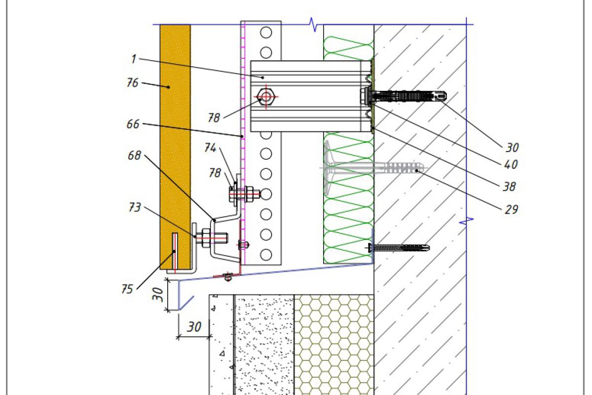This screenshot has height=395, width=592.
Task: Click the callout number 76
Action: point(132,82)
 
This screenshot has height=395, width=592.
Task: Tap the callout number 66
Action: point(133,124)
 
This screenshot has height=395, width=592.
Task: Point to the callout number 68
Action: point(134,156)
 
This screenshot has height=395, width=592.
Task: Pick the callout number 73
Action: point(135,208)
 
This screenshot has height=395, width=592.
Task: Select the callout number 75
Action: point(127,289)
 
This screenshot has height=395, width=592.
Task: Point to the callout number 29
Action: point(512,209)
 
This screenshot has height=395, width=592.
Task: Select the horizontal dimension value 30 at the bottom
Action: point(194,327)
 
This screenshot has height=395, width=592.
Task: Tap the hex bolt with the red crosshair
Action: point(266,96)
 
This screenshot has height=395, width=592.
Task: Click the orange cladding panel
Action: point(175,148)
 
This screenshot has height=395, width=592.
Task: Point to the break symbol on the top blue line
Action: point(312,23)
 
